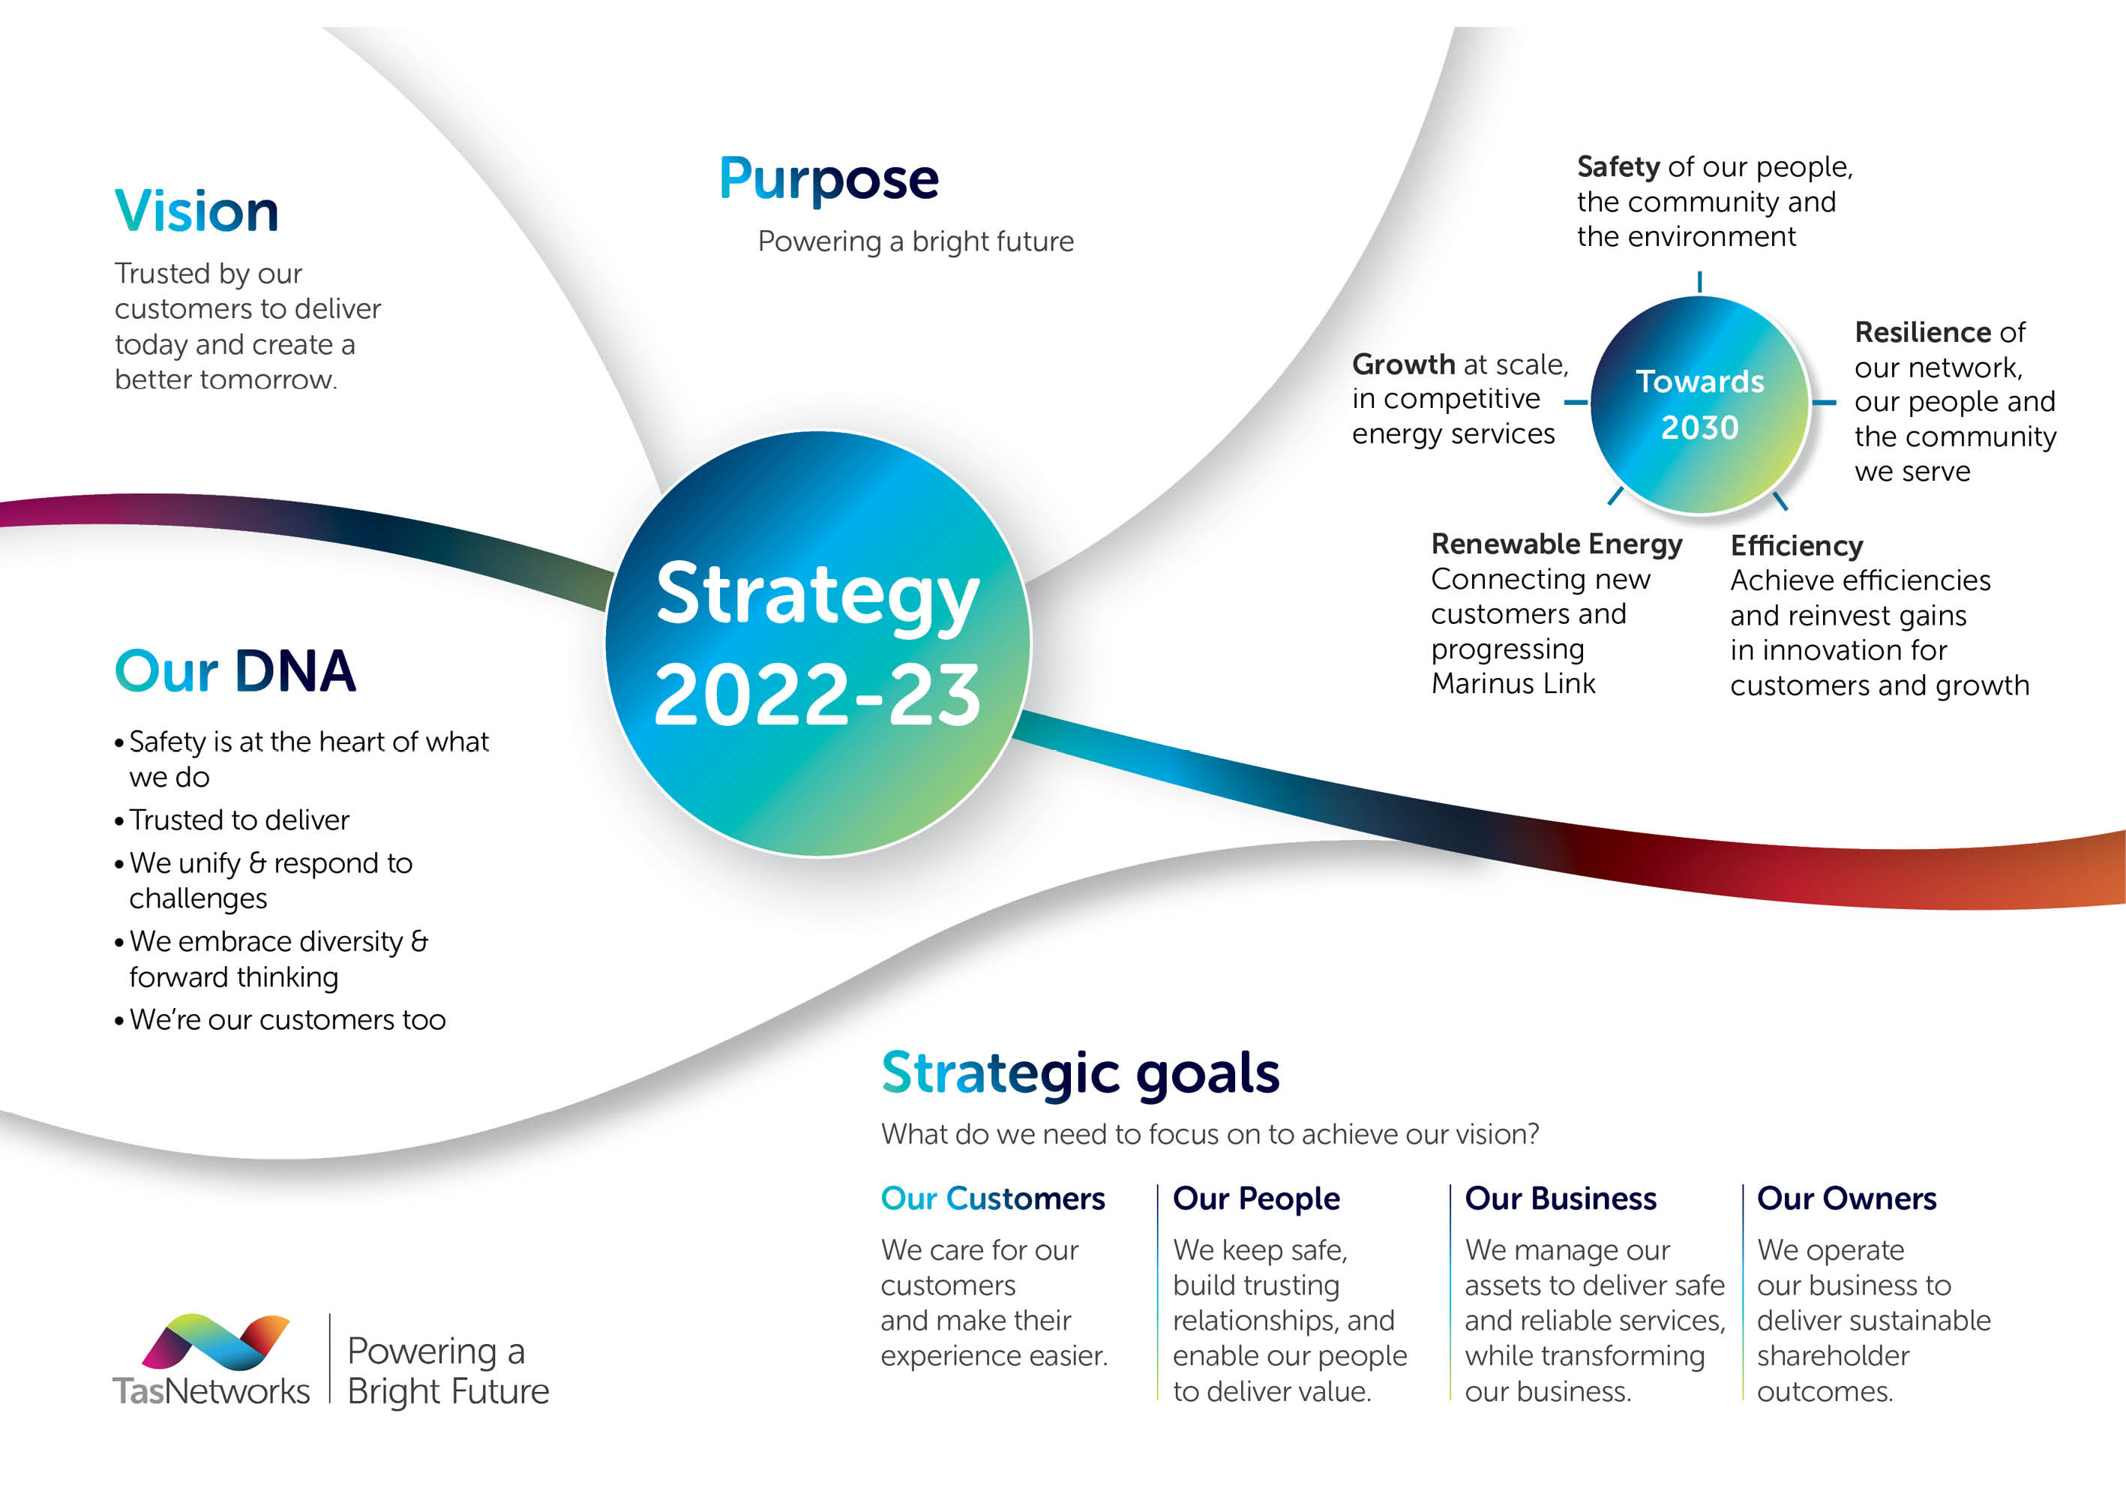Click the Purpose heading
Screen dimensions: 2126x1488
point(829,180)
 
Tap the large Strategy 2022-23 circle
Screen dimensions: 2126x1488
point(817,643)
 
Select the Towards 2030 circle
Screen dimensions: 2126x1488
point(1699,405)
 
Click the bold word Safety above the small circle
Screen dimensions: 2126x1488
point(1618,166)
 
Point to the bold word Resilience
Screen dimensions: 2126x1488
point(1922,331)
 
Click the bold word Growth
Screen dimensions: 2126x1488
point(1404,364)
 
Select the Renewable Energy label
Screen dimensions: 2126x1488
point(1557,544)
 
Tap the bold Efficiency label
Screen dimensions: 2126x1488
point(1796,546)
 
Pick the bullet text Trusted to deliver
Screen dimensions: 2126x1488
point(239,820)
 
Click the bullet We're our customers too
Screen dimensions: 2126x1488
point(287,1019)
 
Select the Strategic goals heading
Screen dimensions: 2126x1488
point(1081,1074)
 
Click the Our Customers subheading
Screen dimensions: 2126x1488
point(993,1198)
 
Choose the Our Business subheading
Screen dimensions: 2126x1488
point(1561,1198)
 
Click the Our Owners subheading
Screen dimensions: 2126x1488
point(1846,1198)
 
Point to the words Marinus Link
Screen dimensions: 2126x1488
point(1513,683)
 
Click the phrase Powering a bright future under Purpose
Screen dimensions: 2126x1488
point(916,241)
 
